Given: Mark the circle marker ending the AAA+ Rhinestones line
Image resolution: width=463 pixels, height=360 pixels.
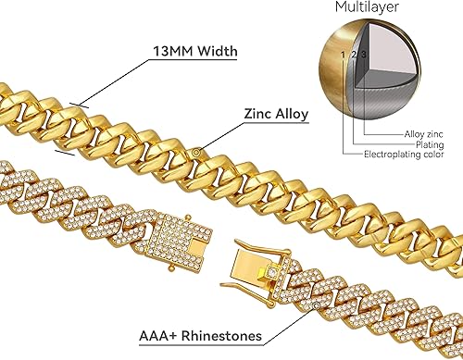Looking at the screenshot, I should click(x=317, y=303).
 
